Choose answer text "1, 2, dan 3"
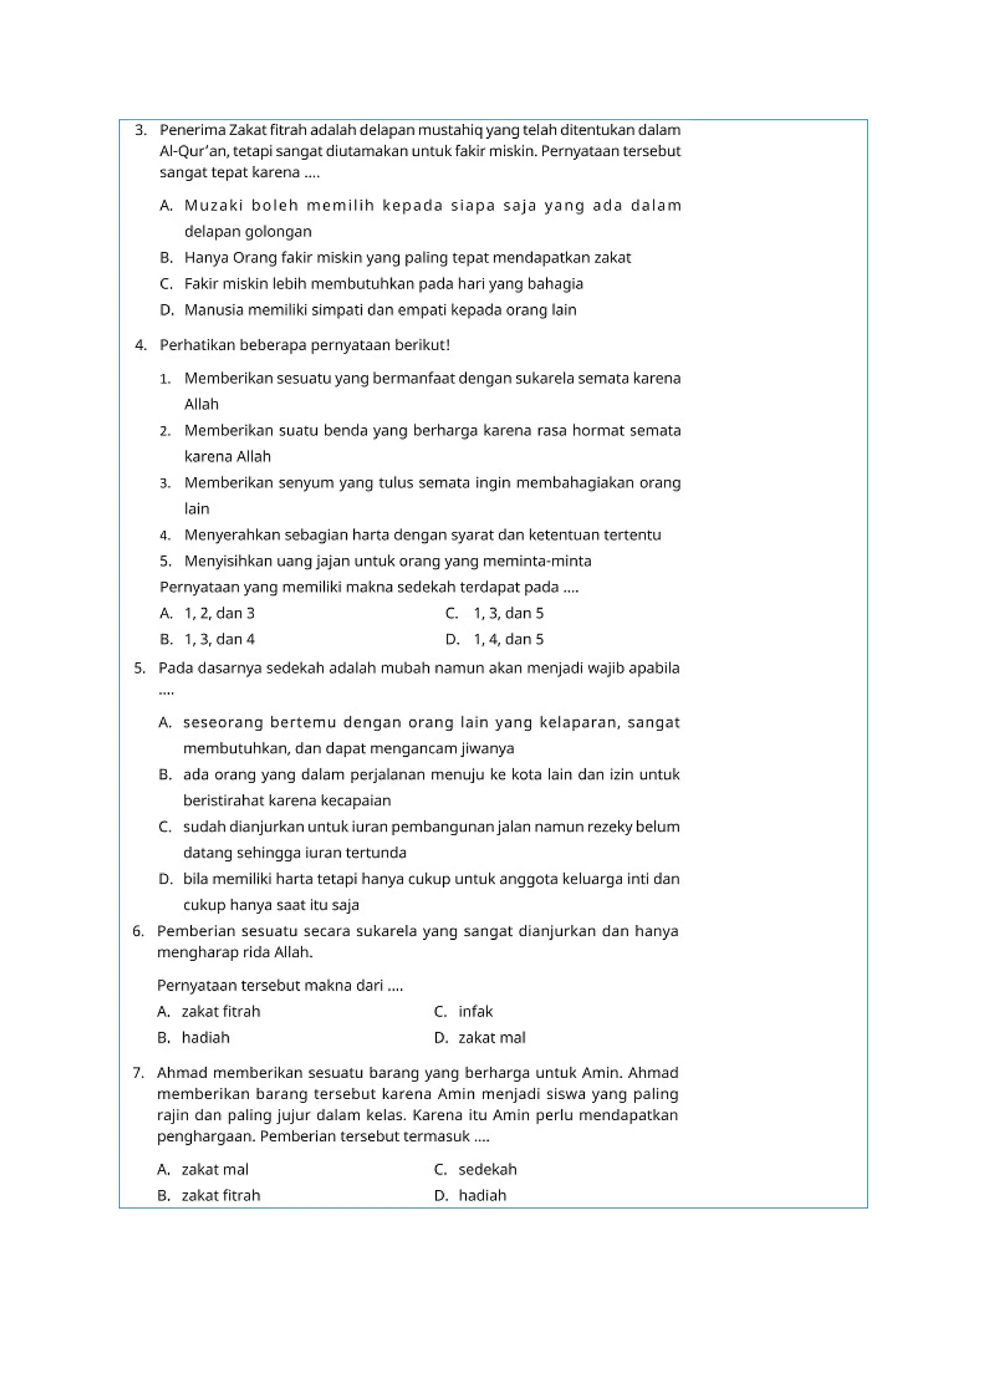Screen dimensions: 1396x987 (219, 614)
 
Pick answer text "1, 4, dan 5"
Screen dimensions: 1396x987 (509, 640)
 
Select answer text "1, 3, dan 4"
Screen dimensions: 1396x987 (219, 640)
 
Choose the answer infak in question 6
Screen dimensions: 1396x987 (475, 1012)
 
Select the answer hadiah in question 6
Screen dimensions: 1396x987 (205, 1038)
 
